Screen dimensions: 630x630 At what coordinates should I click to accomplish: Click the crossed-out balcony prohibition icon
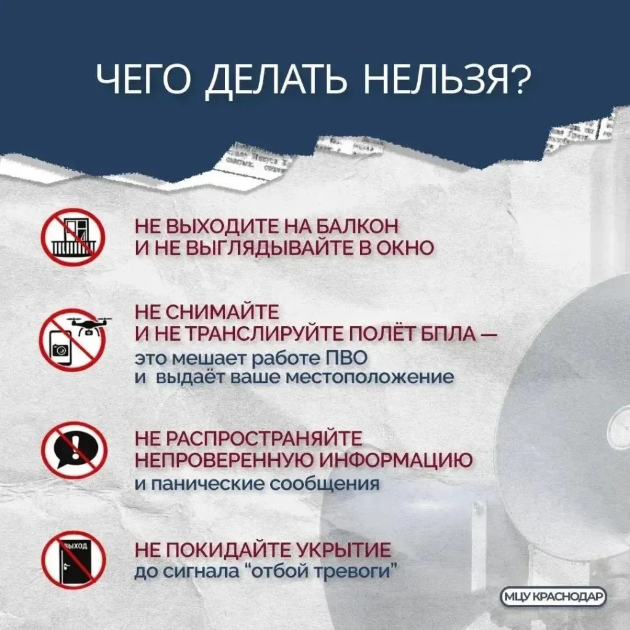click(73, 237)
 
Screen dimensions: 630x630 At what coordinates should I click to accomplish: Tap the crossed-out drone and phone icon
click(74, 340)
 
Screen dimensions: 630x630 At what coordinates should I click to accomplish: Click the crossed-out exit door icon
click(74, 559)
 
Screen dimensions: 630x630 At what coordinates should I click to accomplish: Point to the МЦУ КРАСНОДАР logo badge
click(554, 597)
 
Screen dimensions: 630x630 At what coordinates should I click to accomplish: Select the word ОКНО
click(405, 247)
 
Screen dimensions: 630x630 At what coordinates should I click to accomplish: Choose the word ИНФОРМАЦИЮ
click(396, 460)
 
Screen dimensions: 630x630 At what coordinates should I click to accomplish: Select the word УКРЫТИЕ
click(343, 549)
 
